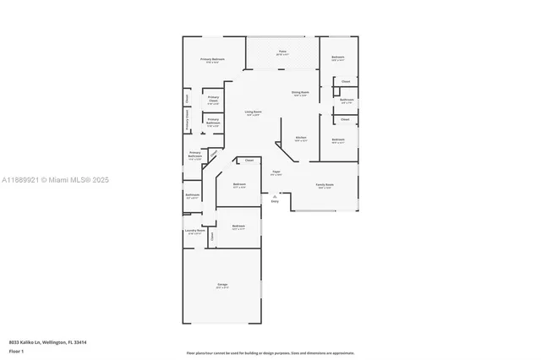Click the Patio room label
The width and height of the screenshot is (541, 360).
283,52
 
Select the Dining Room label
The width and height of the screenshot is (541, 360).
300,93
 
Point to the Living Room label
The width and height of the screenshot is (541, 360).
253,112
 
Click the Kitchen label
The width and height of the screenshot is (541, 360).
300,139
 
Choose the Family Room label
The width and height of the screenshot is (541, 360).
325,186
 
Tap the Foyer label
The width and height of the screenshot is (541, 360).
276,172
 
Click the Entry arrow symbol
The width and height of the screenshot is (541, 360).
275,196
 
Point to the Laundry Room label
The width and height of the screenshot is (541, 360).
194,231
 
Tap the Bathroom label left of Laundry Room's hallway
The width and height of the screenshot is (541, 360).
192,195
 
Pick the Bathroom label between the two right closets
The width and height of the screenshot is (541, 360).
347,101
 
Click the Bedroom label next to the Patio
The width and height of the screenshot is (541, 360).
337,58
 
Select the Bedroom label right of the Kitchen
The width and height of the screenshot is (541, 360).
337,140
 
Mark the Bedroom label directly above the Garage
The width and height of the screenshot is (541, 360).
238,226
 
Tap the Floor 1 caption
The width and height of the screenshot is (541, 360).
16,351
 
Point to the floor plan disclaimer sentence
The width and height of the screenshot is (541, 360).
270,353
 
